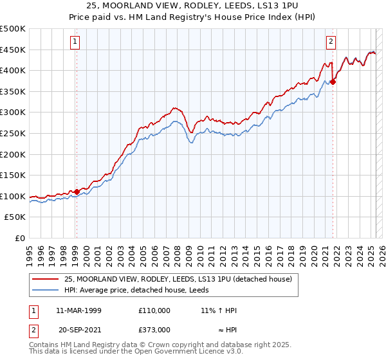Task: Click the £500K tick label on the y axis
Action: tap(13, 29)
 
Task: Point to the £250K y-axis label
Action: tap(13, 133)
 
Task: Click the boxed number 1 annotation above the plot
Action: tap(75, 42)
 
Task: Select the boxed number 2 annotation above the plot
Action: tap(331, 42)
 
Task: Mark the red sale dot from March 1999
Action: tap(77, 192)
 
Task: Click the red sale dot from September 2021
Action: tap(333, 82)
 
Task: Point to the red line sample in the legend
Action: tap(46, 279)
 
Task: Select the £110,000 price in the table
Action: tap(154, 310)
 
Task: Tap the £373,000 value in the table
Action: tap(154, 329)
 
